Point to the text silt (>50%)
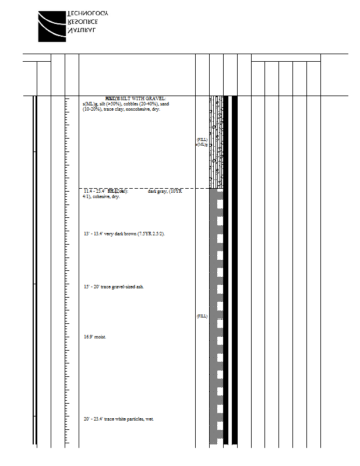[x=111, y=104]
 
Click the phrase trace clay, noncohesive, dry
[x=132, y=109]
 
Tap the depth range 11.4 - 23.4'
[x=96, y=191]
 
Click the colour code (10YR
[x=175, y=191]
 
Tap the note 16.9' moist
[x=94, y=337]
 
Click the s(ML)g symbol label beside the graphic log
[x=202, y=144]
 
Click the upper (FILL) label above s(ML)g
[x=202, y=140]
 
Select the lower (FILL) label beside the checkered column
[x=202, y=316]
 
